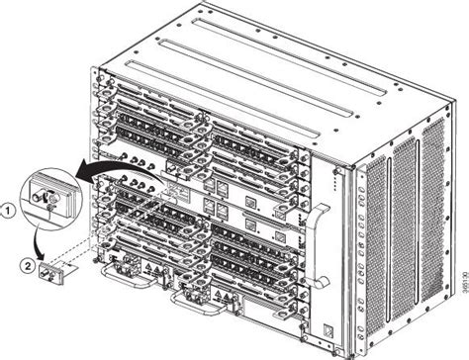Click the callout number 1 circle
(8, 210)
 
